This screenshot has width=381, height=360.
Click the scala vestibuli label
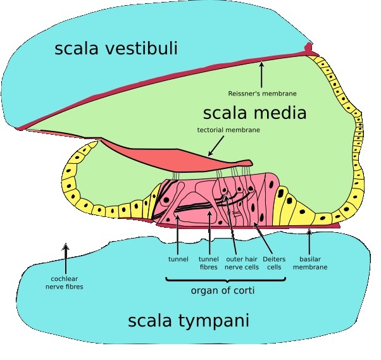coord(116,48)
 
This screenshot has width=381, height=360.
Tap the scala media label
coord(254,113)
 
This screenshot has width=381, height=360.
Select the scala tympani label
coord(189,321)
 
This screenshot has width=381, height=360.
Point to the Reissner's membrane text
coord(262,94)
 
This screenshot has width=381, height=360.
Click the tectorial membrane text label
coord(229,130)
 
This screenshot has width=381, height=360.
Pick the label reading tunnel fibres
coord(208,263)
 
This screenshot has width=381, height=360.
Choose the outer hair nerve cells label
coord(242,263)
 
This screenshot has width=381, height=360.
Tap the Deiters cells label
coord(273,263)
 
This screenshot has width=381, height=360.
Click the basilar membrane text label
coord(310,263)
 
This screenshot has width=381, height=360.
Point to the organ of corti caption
coord(219,291)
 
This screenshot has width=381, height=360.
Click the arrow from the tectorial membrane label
coord(215,147)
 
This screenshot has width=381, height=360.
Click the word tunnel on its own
coord(178,259)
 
